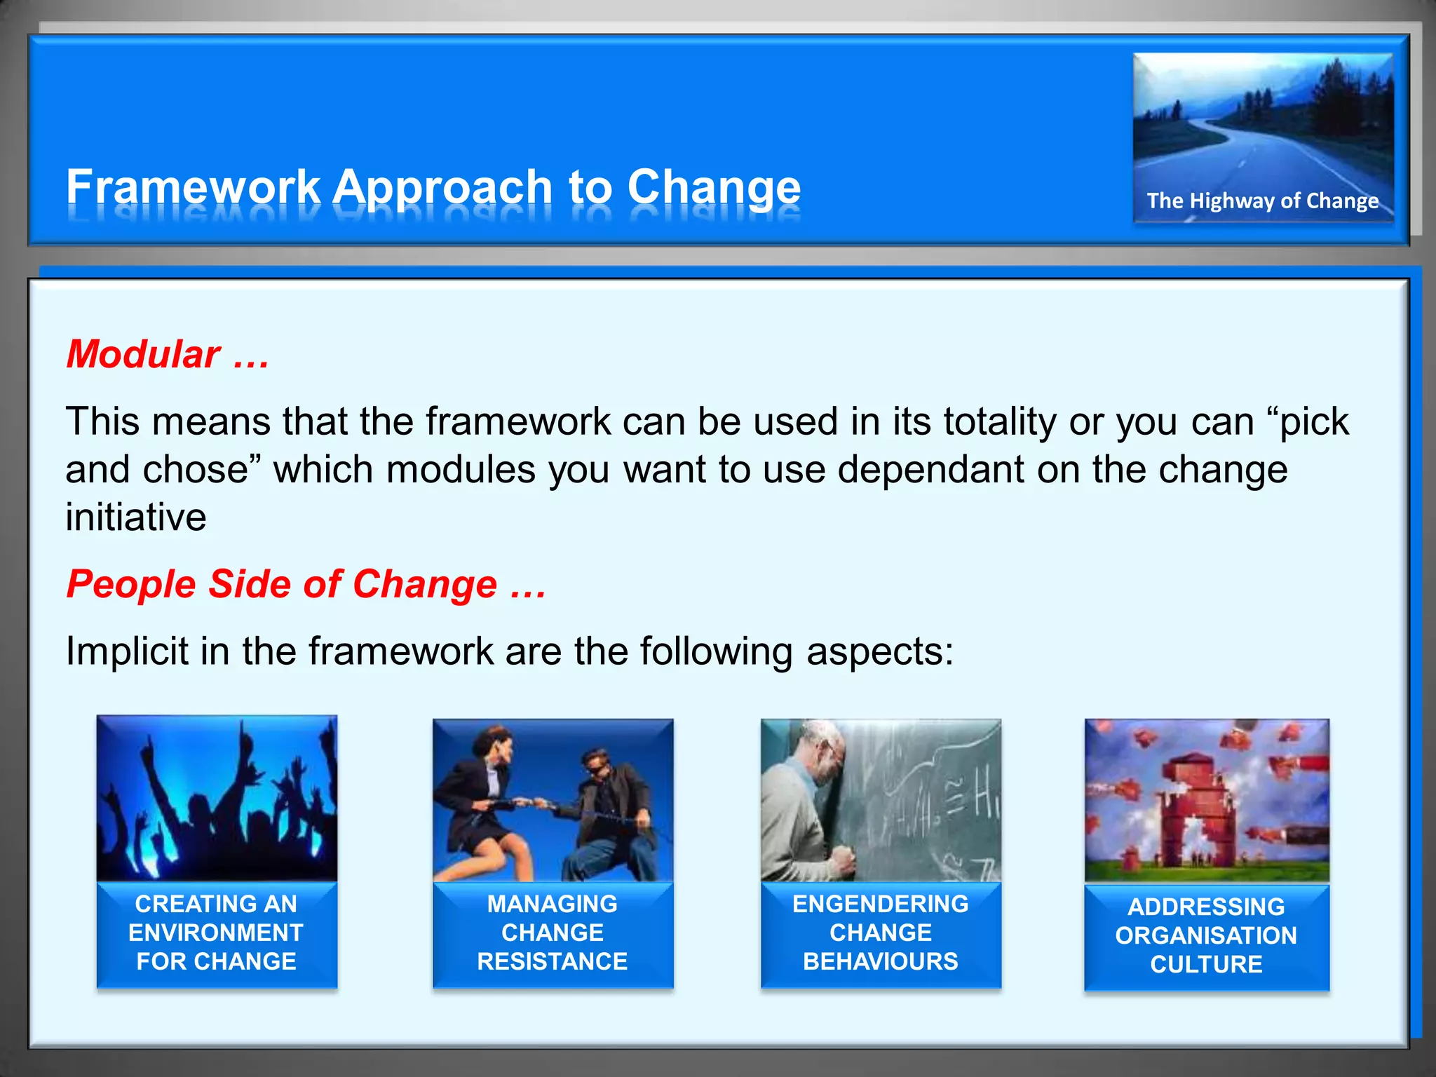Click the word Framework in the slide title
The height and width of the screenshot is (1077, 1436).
pos(193,187)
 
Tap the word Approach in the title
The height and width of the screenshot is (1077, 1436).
pos(443,187)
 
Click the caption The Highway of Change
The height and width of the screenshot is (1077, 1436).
pos(1262,201)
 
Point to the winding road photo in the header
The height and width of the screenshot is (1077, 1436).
pos(1262,126)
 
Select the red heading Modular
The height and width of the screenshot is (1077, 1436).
pos(144,354)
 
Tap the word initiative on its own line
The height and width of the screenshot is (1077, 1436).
pos(136,517)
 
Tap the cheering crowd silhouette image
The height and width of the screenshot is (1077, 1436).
pos(217,799)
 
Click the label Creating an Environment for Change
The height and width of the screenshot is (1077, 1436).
pos(217,933)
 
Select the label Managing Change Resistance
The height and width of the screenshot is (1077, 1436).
pos(553,933)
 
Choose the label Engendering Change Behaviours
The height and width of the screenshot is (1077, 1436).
pos(881,933)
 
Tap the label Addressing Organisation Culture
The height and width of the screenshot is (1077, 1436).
pos(1206,935)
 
